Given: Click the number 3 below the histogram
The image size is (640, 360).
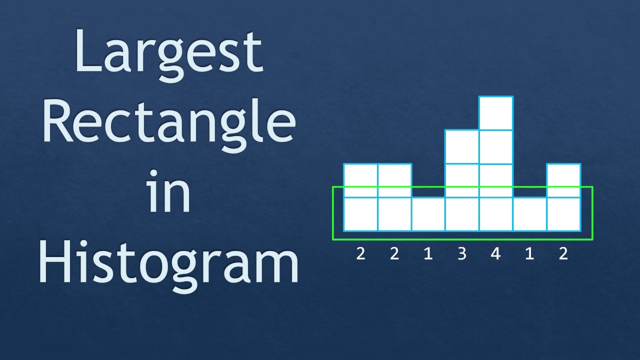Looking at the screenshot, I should coord(462,254).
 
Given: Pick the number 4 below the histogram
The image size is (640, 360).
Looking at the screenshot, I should coord(495,254).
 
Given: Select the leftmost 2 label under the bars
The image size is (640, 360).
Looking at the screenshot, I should coord(360,254).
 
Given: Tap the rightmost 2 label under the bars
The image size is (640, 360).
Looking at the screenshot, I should coord(563,254).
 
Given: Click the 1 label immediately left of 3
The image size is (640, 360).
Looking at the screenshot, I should coord(428,254).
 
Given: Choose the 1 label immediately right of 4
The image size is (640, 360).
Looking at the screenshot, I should coord(529,254).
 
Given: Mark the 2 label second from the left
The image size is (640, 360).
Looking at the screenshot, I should coord(394,254).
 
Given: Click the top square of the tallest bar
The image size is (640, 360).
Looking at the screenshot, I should coord(495,113).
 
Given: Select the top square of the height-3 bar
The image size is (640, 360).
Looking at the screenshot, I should coord(462,146).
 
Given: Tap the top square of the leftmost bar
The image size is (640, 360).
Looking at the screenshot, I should coord(360,180).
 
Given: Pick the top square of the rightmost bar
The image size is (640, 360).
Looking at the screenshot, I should coord(563,180).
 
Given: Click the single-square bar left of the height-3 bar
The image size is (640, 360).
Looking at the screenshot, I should coord(428,214).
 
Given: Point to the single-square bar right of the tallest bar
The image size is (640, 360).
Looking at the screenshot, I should coord(529,214).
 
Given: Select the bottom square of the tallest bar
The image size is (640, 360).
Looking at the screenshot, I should coord(495,214).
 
